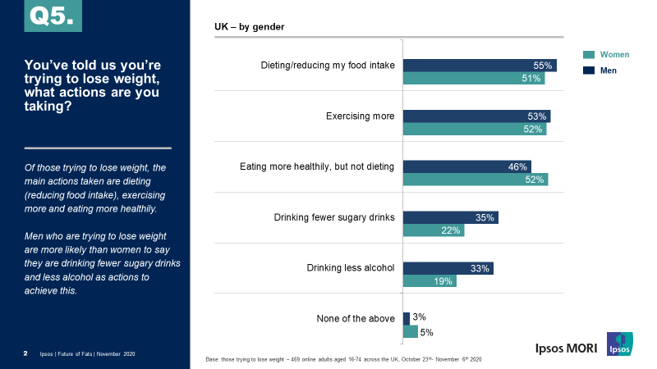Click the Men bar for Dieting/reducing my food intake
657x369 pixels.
[480, 66]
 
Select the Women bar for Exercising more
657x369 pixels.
[475, 130]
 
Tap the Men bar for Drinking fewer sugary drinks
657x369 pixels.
[451, 217]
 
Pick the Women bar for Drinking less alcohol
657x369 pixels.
[430, 281]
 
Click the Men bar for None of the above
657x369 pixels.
[407, 318]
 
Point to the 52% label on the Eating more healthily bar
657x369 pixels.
[535, 180]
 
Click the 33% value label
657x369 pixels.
[480, 268]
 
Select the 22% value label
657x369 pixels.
[451, 230]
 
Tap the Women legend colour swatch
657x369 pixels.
[588, 55]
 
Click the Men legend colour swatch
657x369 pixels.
[588, 71]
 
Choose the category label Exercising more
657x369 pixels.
[361, 116]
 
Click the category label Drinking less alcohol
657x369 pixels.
[351, 268]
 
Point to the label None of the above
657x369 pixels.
[356, 318]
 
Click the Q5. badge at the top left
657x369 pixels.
[53, 16]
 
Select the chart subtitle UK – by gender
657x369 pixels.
[250, 27]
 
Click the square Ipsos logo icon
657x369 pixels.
[620, 344]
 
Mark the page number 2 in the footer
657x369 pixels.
[25, 353]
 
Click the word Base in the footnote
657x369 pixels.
[214, 360]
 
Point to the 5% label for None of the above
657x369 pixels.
[427, 332]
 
